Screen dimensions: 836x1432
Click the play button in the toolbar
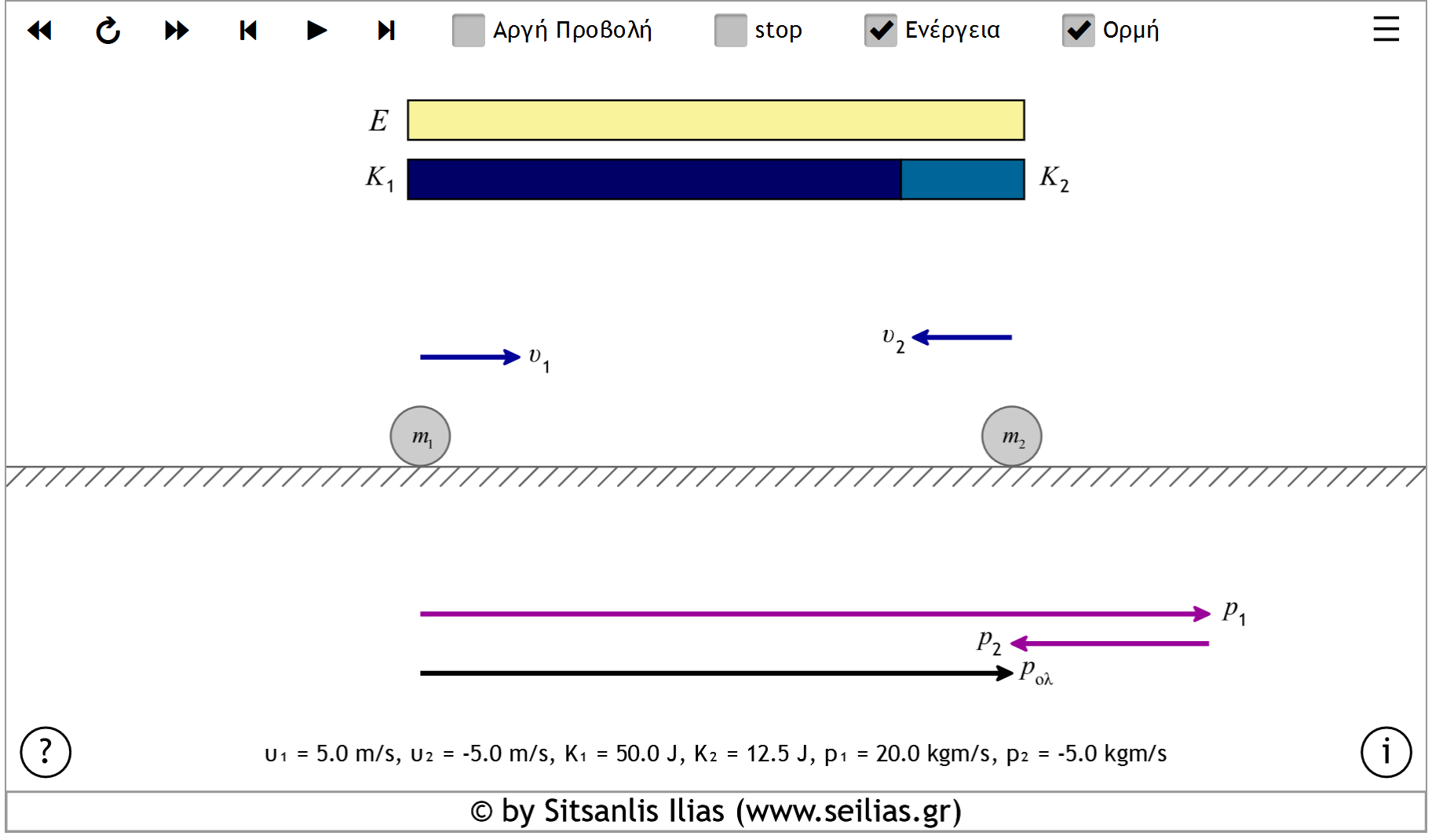316,31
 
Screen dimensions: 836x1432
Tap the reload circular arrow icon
108,31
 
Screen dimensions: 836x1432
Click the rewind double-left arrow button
39,31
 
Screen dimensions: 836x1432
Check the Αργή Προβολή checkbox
469,31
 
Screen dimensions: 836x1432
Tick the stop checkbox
731,31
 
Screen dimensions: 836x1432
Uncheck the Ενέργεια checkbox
881,31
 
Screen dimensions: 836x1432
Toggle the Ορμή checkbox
1079,31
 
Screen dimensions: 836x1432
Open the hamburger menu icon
1386,29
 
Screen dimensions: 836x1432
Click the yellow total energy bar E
715,120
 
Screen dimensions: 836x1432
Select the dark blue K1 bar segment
654,180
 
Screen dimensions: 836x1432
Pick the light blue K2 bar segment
963,180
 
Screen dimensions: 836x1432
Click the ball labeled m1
420,436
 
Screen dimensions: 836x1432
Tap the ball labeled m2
1011,436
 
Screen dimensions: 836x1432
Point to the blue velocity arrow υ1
469,357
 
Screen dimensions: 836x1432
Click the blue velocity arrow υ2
963,337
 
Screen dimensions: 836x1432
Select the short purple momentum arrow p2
1110,643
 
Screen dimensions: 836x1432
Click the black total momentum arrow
715,673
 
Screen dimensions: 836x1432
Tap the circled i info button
1386,752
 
